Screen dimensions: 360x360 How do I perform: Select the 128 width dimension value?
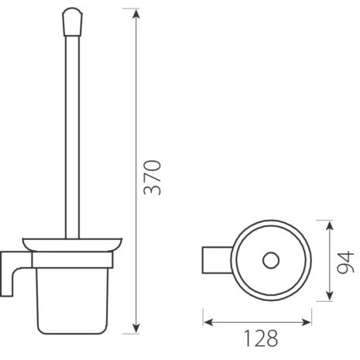257,338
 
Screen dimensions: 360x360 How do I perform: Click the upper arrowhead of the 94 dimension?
331,224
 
